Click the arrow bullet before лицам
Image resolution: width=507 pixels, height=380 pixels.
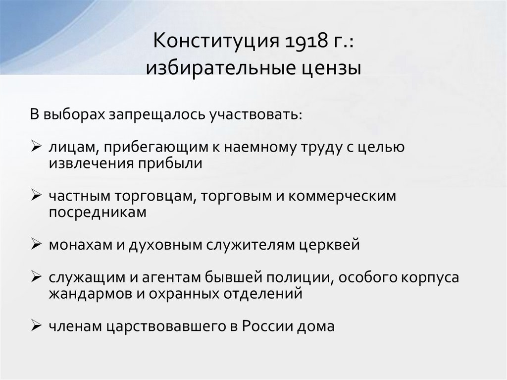(x=37, y=147)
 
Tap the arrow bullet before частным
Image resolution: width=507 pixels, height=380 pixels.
(x=37, y=196)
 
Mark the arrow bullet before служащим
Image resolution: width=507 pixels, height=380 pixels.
(x=37, y=277)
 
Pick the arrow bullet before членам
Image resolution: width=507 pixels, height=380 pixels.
(x=37, y=326)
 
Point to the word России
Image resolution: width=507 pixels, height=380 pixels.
(x=265, y=326)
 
